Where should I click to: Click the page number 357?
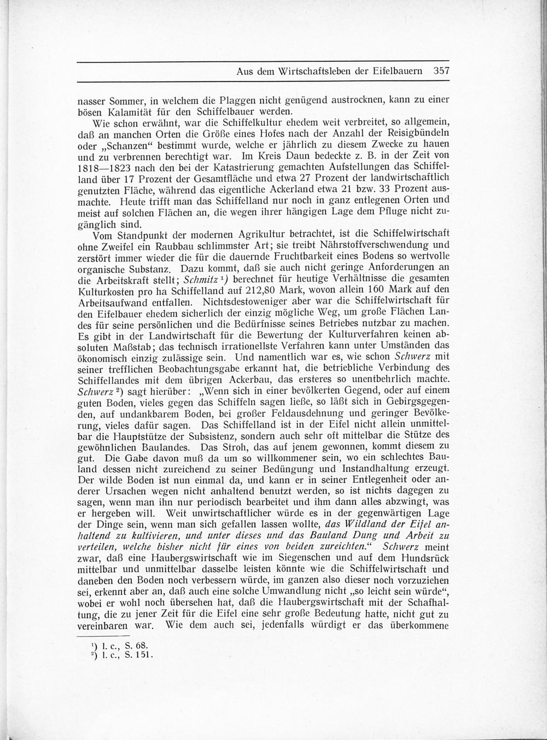pos(440,71)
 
